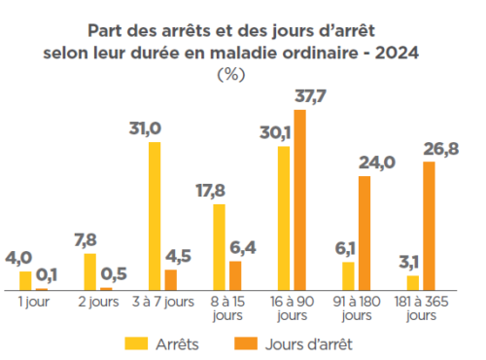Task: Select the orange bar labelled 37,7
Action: pos(299,200)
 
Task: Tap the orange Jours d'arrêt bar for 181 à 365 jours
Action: pos(429,226)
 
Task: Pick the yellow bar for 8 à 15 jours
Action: pos(220,247)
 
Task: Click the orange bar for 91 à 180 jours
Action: pos(364,233)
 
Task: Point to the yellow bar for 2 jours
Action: pos(90,271)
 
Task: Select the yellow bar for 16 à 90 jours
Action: pos(284,218)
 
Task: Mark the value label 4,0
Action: pos(19,258)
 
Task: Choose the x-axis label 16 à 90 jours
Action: pos(292,308)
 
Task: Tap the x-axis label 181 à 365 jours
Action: pos(421,308)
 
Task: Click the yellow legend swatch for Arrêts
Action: pos(137,342)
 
